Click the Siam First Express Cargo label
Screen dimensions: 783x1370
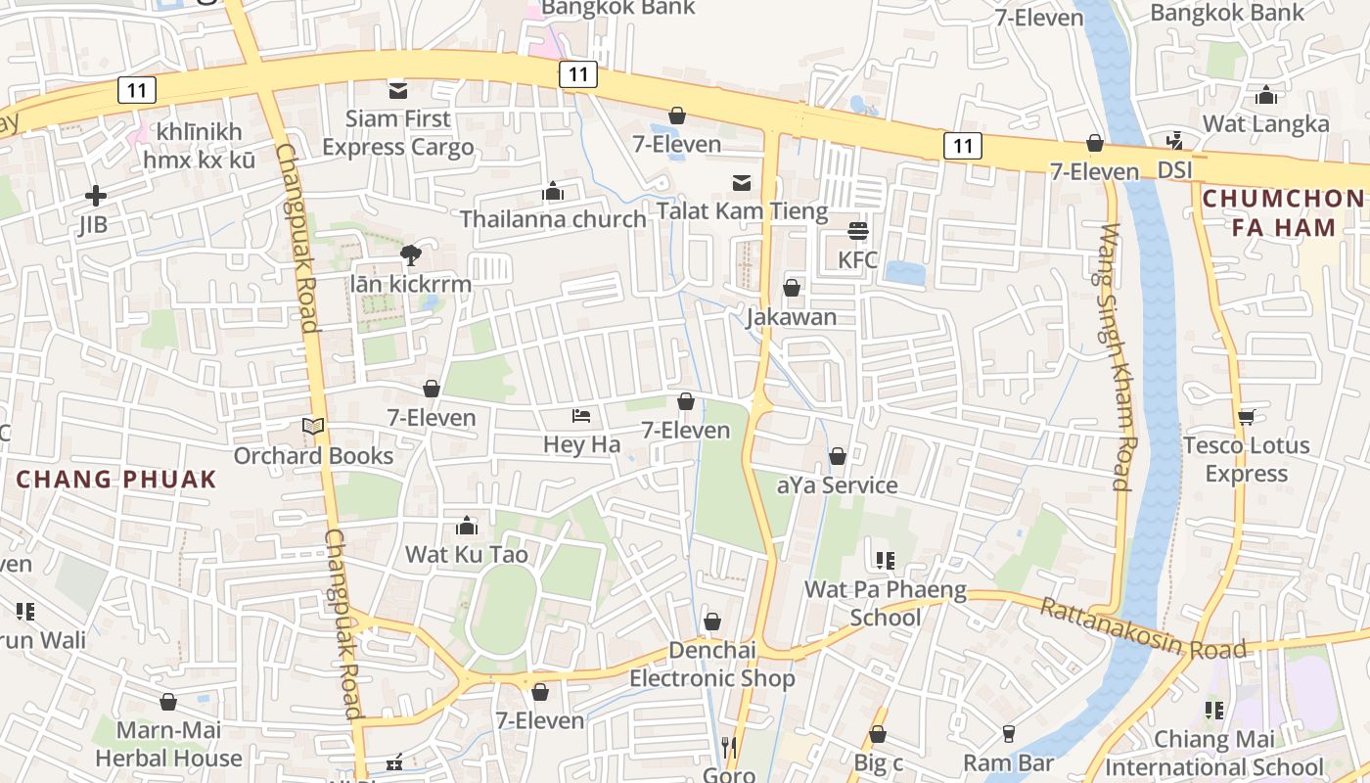398,133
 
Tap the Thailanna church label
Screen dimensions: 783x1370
554,218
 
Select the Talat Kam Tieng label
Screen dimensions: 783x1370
742,210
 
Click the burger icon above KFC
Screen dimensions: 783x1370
858,231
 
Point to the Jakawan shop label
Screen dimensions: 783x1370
792,317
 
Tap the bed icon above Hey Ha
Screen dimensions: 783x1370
581,416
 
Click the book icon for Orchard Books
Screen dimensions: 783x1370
313,427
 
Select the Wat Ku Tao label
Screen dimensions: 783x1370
467,555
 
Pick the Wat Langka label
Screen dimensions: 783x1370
1266,124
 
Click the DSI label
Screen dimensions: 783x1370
1175,170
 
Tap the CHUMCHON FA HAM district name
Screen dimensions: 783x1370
1283,213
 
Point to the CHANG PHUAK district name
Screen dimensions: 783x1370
116,480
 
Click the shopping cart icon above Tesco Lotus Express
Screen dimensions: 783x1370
1246,417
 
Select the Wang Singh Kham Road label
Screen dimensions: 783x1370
1117,357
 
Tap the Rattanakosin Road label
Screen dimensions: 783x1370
1143,628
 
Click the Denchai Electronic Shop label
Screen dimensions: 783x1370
711,665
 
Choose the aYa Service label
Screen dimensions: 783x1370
837,485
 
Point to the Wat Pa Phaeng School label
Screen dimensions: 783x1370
885,604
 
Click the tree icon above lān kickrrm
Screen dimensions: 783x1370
411,256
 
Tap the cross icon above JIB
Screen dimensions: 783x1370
95,196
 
